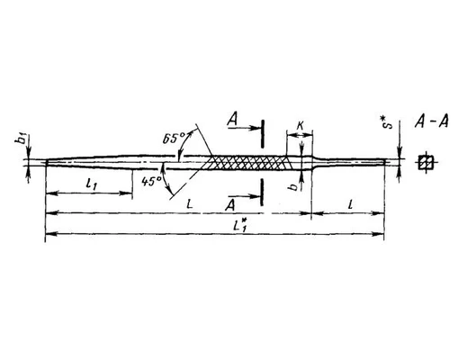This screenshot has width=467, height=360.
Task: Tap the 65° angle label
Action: pyautogui.click(x=175, y=139)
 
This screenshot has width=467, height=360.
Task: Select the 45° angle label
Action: pyautogui.click(x=151, y=182)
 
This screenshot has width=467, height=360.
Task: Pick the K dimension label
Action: pyautogui.click(x=300, y=127)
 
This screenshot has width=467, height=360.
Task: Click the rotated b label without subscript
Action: pyautogui.click(x=292, y=186)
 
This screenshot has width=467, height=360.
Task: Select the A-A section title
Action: pyautogui.click(x=432, y=122)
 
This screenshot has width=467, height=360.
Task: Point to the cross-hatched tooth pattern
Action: pyautogui.click(x=246, y=162)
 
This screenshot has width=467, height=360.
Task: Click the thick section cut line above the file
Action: pyautogui.click(x=263, y=134)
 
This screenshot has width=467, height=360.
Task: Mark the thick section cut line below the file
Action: pyautogui.click(x=262, y=193)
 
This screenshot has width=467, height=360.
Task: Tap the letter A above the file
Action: pyautogui.click(x=233, y=120)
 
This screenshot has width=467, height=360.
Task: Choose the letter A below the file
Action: pyautogui.click(x=230, y=205)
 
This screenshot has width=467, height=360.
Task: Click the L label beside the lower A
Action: pyautogui.click(x=189, y=204)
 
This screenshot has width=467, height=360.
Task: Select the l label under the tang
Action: pyautogui.click(x=350, y=204)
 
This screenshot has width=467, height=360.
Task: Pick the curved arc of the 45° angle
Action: pyautogui.click(x=165, y=178)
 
